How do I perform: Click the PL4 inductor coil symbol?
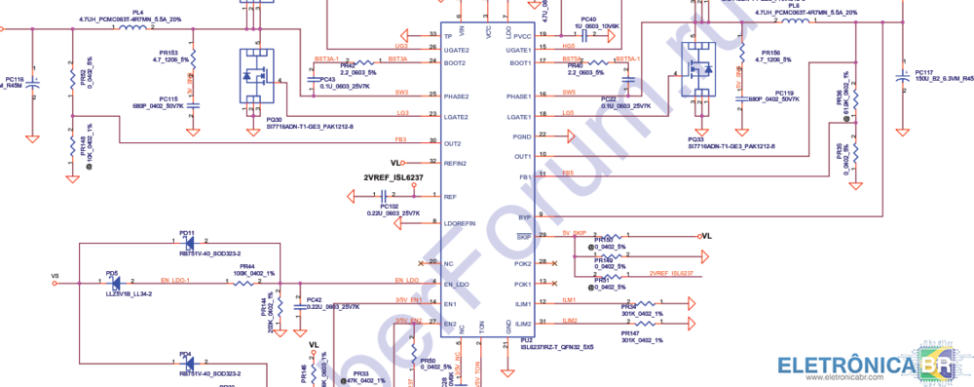tap(129, 27)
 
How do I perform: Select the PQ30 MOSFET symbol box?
tap(255, 74)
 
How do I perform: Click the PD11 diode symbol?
tap(186, 242)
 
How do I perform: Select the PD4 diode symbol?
tap(185, 364)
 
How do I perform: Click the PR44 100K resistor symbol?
tap(246, 284)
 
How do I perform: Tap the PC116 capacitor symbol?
tap(33, 83)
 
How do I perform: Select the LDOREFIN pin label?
tap(460, 224)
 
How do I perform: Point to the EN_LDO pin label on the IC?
tap(458, 284)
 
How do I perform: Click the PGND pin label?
tap(522, 136)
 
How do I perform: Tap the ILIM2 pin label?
tap(523, 323)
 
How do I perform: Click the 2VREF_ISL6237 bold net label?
tap(393, 177)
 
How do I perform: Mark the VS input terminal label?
tap(55, 276)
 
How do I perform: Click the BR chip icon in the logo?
tap(937, 365)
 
